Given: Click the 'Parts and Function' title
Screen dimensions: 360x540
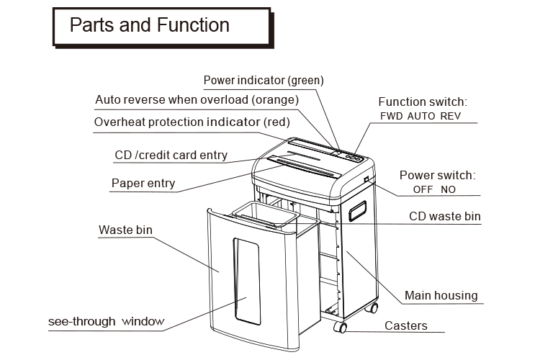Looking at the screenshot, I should [149, 25].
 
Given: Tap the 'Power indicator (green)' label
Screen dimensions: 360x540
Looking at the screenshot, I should [264, 80].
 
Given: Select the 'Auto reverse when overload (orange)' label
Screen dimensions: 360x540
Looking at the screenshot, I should [197, 99].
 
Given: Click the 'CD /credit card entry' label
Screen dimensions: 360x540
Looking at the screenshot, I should [171, 155].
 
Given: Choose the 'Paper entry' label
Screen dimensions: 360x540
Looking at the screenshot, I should [143, 183].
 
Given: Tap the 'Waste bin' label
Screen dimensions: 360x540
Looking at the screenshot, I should [125, 230].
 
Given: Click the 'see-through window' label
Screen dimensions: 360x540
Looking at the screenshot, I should [106, 321].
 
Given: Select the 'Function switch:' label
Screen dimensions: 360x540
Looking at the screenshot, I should [423, 102].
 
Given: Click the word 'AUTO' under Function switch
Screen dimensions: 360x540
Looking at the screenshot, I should [422, 116].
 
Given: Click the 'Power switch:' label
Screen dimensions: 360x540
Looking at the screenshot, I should [438, 175].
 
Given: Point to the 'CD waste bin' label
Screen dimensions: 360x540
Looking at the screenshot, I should [444, 216].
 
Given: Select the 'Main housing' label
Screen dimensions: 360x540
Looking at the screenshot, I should [441, 295].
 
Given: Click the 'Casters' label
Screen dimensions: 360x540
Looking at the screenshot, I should [405, 325].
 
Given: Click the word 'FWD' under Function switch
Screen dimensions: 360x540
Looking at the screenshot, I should [392, 116].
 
